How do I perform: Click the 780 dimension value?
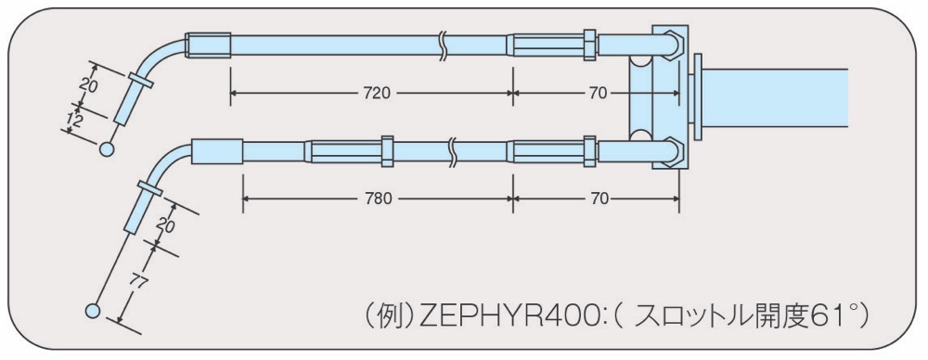pyautogui.click(x=379, y=199)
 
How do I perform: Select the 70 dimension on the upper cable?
pyautogui.click(x=599, y=93)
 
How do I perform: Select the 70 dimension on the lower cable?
pyautogui.click(x=599, y=199)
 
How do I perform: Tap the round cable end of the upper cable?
pyautogui.click(x=107, y=149)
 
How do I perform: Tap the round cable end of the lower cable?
pyautogui.click(x=93, y=310)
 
